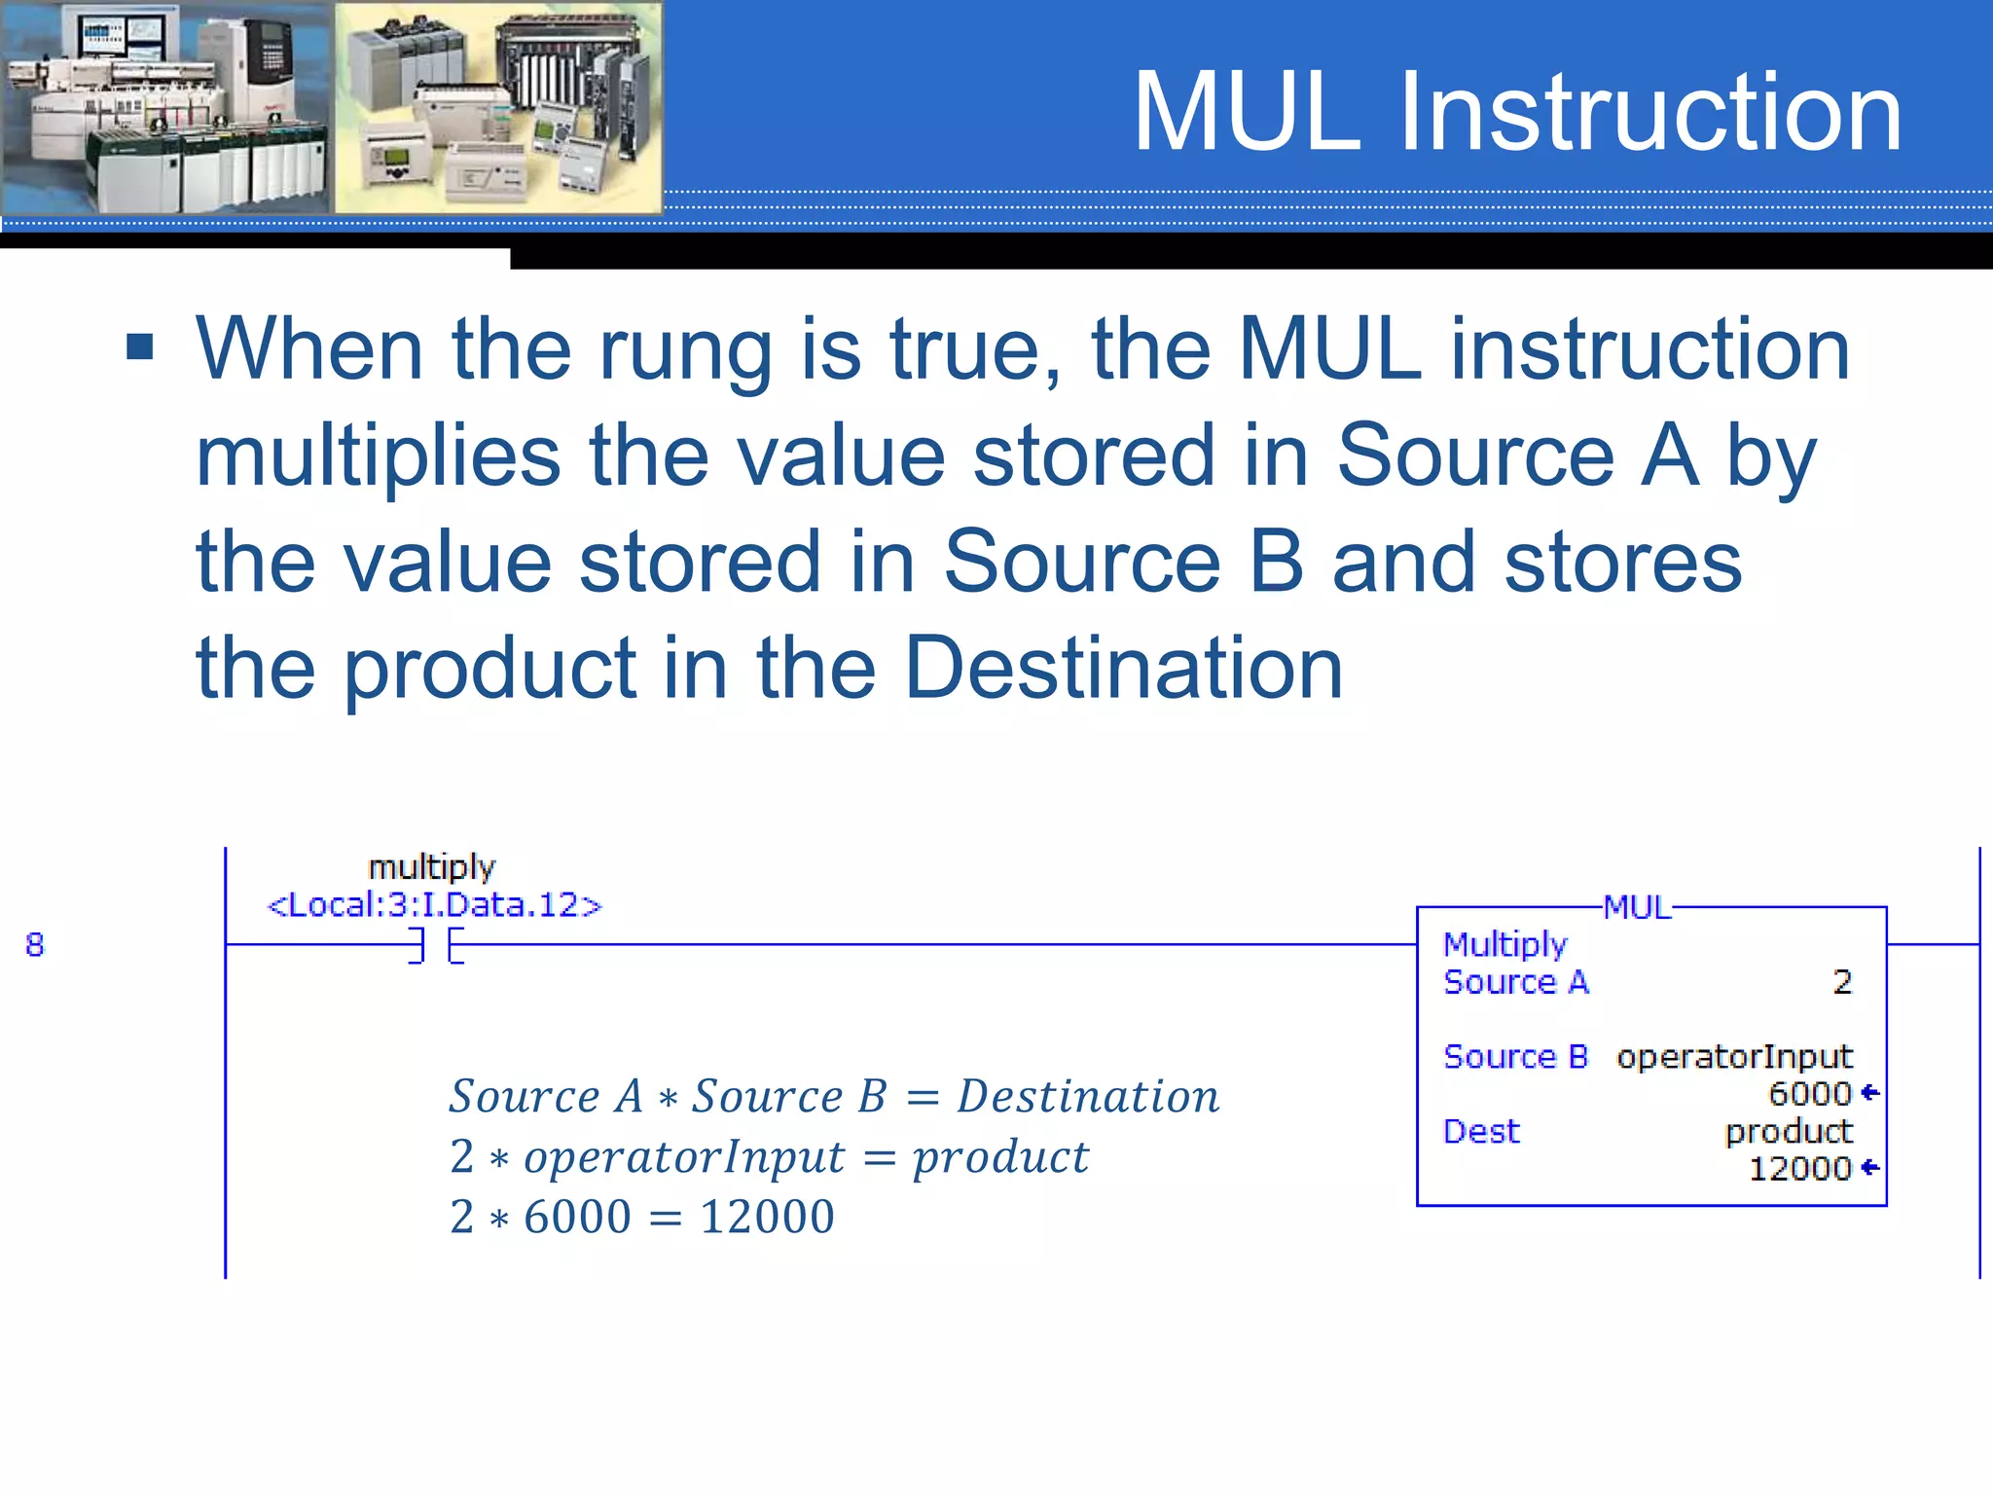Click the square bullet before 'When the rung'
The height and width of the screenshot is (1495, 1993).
(140, 346)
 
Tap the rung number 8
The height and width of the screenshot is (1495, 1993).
(35, 944)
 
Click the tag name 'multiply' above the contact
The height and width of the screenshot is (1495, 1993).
(432, 866)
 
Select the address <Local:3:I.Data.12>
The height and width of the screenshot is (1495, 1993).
(435, 905)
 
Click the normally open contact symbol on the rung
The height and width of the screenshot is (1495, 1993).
(436, 945)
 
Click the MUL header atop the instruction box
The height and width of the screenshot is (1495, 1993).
(1637, 907)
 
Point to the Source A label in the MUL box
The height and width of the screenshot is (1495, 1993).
(1515, 982)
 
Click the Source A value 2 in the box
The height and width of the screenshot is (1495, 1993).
(1841, 982)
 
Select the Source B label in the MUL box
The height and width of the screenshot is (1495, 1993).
(1515, 1057)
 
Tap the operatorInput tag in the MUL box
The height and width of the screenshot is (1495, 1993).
(1734, 1057)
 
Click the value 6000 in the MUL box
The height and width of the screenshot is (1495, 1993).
(1809, 1094)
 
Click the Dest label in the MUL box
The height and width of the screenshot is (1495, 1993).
(1481, 1131)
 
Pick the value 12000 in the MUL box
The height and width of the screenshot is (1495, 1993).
(1799, 1168)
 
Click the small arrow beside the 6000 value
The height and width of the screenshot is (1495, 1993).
(1869, 1093)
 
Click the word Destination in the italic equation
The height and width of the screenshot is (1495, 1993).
(1088, 1097)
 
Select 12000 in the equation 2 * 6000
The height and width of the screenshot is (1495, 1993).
(767, 1217)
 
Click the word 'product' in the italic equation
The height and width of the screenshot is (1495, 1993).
(1000, 1157)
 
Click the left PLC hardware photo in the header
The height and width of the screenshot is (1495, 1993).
(165, 107)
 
